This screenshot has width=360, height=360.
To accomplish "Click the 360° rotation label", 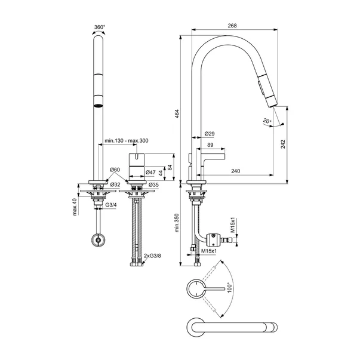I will [100, 27].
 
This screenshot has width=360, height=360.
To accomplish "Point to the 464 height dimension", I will [177, 113].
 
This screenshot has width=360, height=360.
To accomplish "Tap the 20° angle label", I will [267, 122].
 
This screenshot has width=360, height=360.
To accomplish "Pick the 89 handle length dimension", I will [211, 144].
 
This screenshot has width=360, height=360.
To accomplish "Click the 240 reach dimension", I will [236, 171].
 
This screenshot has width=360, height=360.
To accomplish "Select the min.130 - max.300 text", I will [126, 141].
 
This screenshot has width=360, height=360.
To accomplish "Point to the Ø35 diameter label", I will [153, 185].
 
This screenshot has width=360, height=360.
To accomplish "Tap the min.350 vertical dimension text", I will [177, 223].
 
